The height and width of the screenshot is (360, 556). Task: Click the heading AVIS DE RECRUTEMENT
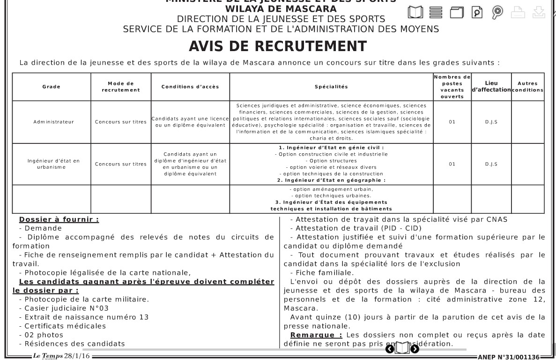coord(277,46)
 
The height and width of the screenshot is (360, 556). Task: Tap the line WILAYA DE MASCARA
coord(281,9)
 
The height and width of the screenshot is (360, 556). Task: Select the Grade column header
coord(52,87)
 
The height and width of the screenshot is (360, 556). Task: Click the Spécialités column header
coord(331,87)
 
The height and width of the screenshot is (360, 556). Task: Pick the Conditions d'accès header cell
coord(190,87)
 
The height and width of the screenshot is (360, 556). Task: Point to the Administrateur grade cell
coord(52,122)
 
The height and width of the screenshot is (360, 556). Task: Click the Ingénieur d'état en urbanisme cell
coord(52,164)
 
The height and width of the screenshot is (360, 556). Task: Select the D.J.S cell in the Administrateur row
coord(491,122)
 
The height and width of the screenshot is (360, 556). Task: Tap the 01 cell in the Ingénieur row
coord(452,164)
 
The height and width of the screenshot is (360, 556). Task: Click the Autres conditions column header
coord(527,87)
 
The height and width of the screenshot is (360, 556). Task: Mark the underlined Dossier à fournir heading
coord(59,219)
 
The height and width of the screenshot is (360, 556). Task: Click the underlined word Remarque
coord(316,335)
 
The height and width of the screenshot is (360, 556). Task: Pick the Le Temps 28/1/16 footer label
coord(62,357)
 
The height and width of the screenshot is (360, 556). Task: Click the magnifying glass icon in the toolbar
coord(498,12)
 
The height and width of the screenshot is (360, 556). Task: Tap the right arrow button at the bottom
coord(415,348)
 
